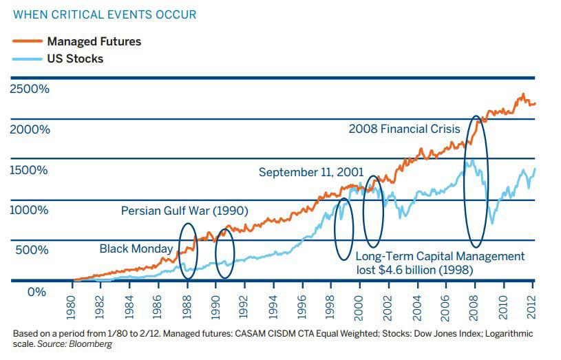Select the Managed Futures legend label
(x=94, y=41)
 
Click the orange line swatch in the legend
(x=27, y=41)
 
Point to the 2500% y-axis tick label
(x=30, y=89)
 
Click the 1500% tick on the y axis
(x=30, y=170)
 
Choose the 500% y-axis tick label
(x=32, y=249)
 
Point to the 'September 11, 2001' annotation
(x=311, y=172)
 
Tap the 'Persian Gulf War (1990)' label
(x=184, y=211)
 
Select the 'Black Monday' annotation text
(x=136, y=248)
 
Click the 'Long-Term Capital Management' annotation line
(x=440, y=257)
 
